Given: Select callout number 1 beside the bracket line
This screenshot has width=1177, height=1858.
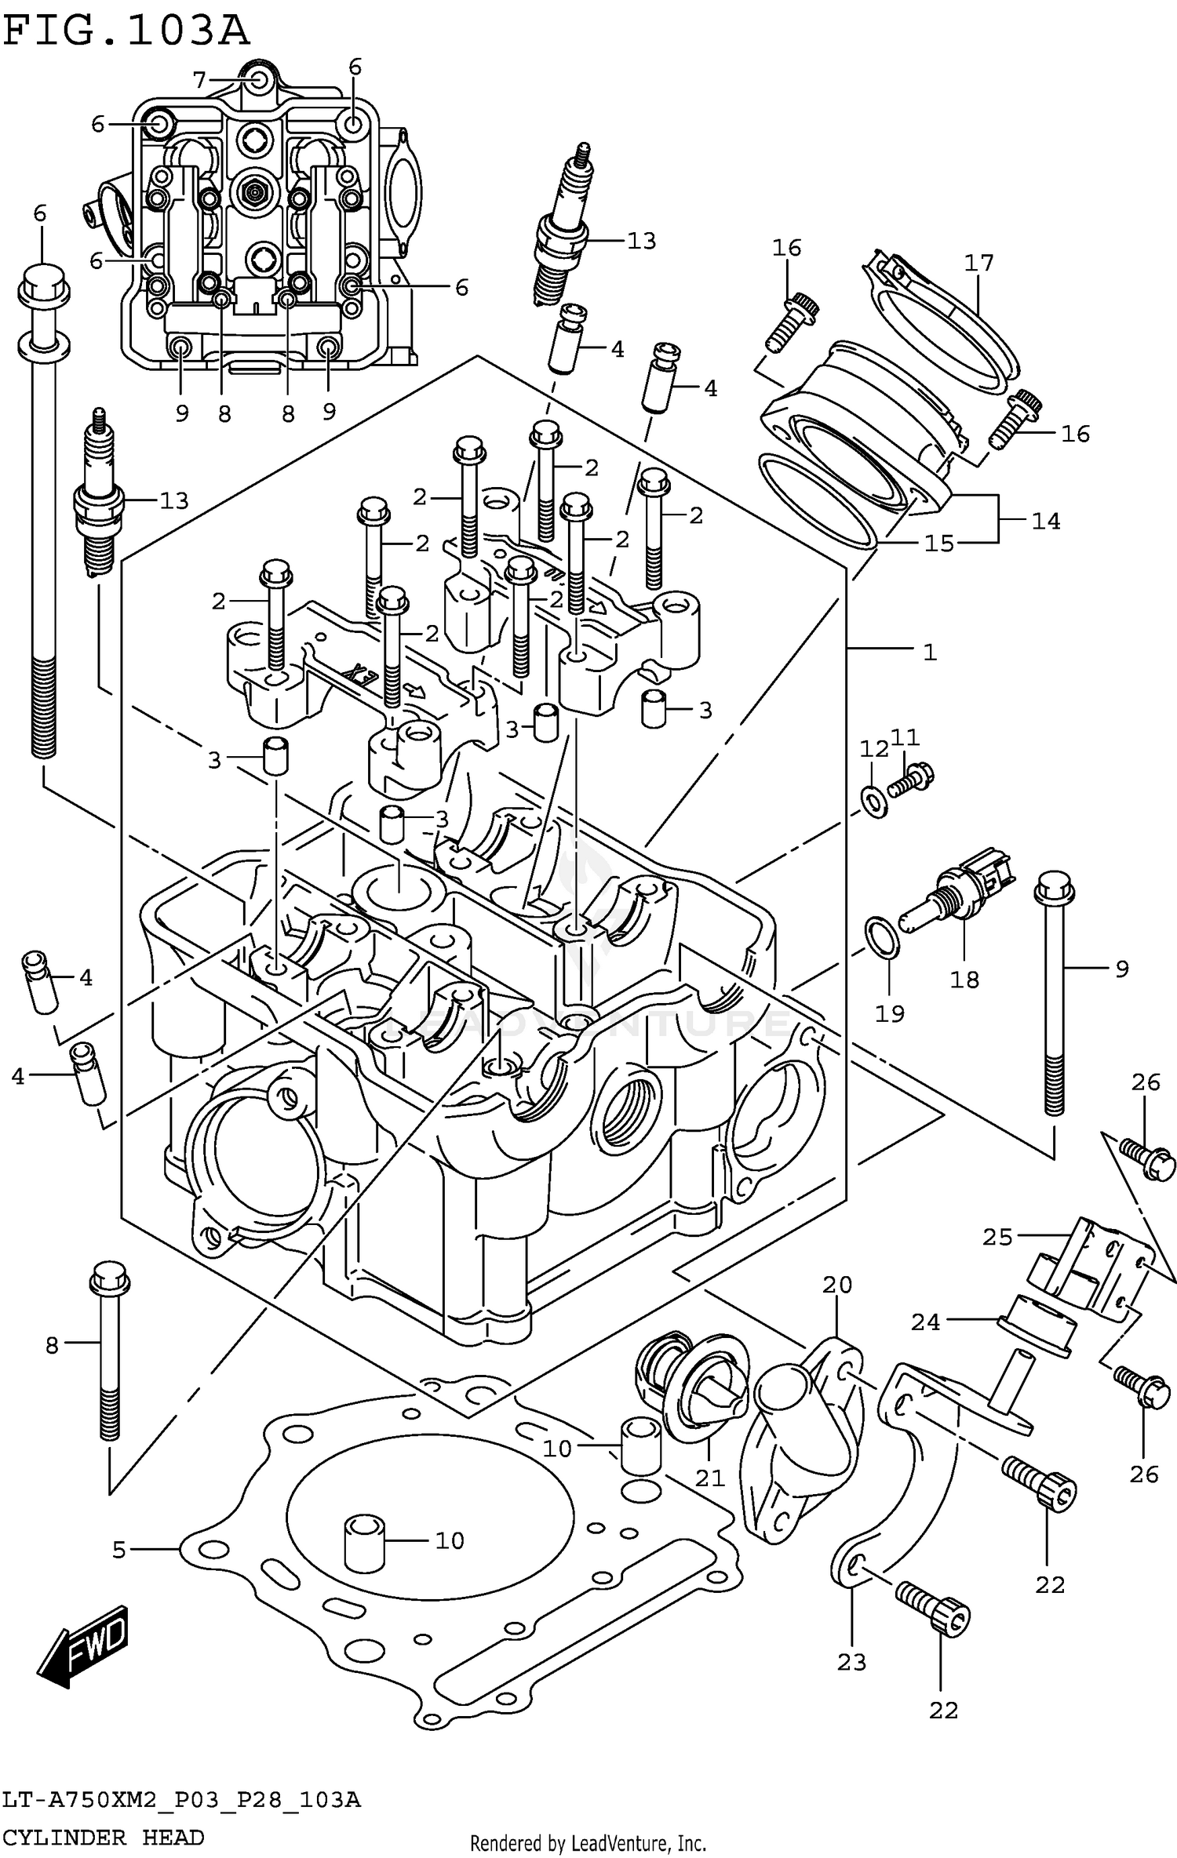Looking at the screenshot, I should [929, 651].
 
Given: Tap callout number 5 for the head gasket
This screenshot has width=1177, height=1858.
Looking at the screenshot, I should [118, 1549].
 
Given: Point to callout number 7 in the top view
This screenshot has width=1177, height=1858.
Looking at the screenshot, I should [199, 79].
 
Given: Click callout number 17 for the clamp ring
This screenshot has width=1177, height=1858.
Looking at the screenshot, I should [978, 263].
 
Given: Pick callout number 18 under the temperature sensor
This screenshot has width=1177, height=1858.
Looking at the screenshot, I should [964, 979].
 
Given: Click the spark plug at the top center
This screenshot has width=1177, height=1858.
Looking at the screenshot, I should [563, 227].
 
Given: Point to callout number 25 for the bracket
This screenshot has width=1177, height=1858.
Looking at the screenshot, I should [997, 1237].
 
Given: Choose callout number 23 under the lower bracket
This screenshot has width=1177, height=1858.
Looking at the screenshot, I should [851, 1662].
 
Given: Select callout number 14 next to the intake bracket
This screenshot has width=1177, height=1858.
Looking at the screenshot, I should [1045, 520].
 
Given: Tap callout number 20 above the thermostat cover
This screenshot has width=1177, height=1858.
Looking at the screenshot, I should [837, 1285].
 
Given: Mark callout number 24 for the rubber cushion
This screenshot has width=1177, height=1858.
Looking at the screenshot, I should [925, 1322].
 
